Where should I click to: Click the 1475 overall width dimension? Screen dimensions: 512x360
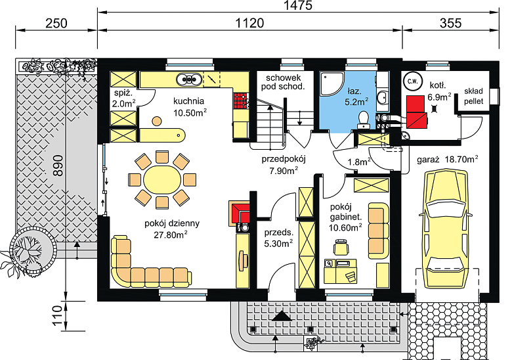[x=298, y=5]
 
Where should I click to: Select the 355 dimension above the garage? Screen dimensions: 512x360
[x=450, y=23]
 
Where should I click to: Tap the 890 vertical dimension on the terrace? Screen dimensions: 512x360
[x=58, y=166]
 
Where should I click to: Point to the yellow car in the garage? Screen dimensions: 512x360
[x=446, y=229]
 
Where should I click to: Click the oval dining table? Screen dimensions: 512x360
[x=162, y=180]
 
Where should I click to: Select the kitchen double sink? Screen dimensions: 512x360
[x=189, y=79]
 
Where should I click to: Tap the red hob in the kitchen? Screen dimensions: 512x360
[x=240, y=101]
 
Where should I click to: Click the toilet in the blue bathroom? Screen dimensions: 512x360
[x=364, y=120]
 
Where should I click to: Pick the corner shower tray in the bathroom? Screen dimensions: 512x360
[x=332, y=83]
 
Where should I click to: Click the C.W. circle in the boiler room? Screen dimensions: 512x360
[x=413, y=81]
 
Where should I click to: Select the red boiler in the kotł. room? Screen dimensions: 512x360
[x=416, y=112]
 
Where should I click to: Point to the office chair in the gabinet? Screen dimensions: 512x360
[x=341, y=246]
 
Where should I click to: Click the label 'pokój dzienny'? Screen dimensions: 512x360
[x=172, y=223]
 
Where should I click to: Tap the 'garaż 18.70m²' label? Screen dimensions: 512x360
[x=448, y=160]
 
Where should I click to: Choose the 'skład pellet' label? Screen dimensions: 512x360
[x=473, y=96]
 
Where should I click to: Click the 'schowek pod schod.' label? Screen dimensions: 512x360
[x=283, y=82]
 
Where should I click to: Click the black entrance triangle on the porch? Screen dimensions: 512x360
[x=281, y=316]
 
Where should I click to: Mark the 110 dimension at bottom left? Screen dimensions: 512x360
[x=57, y=315]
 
